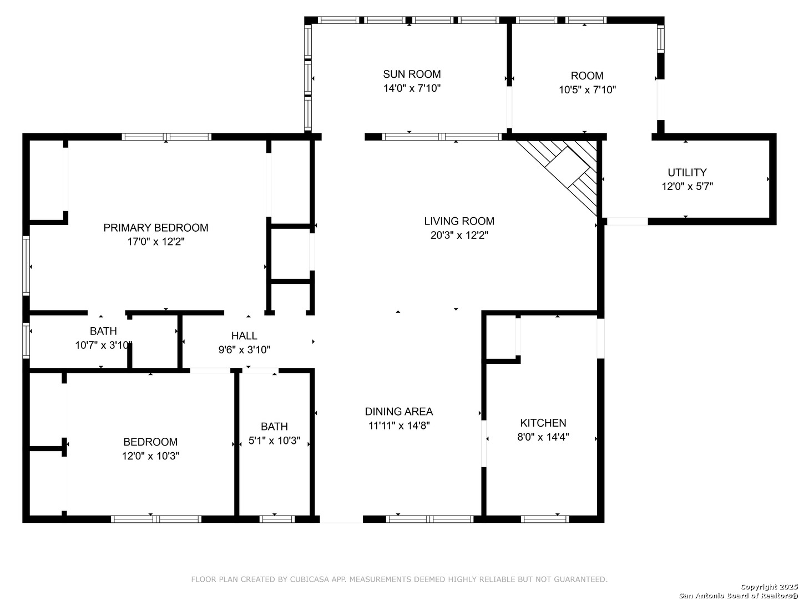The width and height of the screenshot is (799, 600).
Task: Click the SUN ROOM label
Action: (x=412, y=74)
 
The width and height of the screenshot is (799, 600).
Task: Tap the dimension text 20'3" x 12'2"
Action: (x=459, y=236)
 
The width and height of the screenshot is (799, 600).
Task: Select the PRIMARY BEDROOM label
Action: (x=156, y=228)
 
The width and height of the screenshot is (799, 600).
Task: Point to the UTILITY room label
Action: (x=687, y=172)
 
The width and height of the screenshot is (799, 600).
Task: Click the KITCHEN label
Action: (x=543, y=423)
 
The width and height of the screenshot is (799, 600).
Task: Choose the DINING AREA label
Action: (x=399, y=412)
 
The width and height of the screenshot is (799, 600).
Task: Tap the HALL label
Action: (x=244, y=336)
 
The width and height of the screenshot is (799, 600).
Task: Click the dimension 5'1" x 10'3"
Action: (x=274, y=441)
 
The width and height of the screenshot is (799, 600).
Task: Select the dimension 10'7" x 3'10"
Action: (x=103, y=346)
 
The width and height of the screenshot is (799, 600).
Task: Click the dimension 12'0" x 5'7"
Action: (x=687, y=187)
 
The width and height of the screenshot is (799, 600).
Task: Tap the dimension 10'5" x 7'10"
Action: (x=587, y=89)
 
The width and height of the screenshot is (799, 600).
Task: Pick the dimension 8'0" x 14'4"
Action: (x=543, y=437)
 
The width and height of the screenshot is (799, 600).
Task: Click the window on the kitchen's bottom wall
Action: (x=544, y=519)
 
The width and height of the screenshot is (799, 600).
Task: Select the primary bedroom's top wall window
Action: (x=166, y=137)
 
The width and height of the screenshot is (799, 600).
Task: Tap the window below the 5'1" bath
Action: (x=277, y=519)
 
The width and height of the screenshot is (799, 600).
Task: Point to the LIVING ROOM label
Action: (x=459, y=221)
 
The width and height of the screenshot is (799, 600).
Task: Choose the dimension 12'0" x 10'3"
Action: (x=150, y=456)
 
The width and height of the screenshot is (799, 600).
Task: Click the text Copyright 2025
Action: (x=769, y=587)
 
